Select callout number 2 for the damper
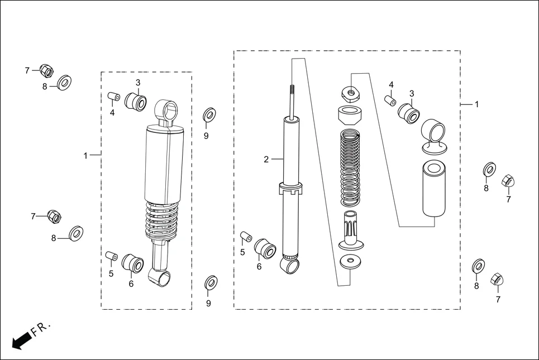point(266,160)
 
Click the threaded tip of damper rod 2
point(292,90)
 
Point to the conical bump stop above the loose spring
point(350,116)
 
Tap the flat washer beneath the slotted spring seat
point(351,261)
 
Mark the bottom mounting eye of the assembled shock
point(160,277)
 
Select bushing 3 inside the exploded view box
point(409,113)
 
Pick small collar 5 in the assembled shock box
point(111,256)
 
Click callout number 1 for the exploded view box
point(476,104)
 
